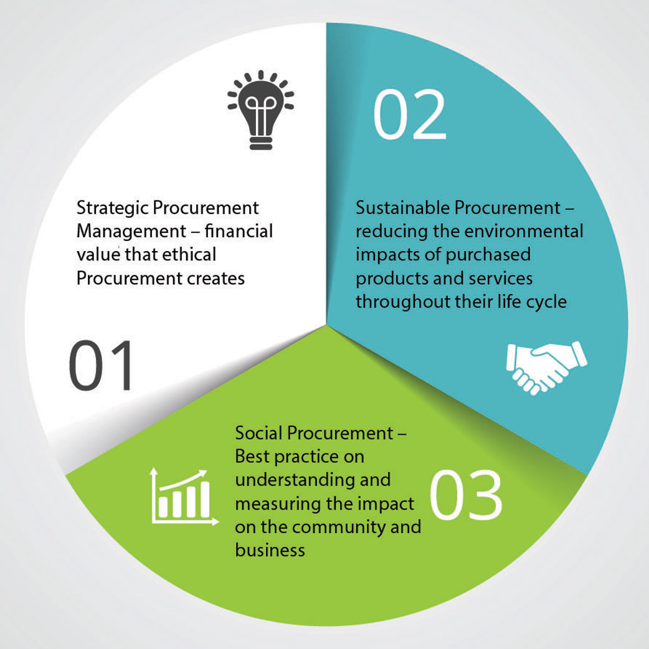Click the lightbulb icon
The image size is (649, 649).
pyautogui.click(x=261, y=110)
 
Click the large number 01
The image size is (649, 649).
pyautogui.click(x=100, y=366)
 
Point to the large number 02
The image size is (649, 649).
pyautogui.click(x=409, y=115)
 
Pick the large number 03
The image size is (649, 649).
pyautogui.click(x=466, y=495)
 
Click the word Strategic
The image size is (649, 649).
pyautogui.click(x=112, y=209)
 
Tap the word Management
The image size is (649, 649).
pyautogui.click(x=131, y=232)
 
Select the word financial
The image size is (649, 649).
pyautogui.click(x=239, y=231)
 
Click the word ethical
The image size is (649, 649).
pyautogui.click(x=189, y=255)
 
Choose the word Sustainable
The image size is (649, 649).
pyautogui.click(x=402, y=208)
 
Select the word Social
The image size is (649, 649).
pyautogui.click(x=259, y=433)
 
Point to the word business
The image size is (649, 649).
pyautogui.click(x=270, y=551)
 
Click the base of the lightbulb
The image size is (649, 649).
pyautogui.click(x=261, y=143)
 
